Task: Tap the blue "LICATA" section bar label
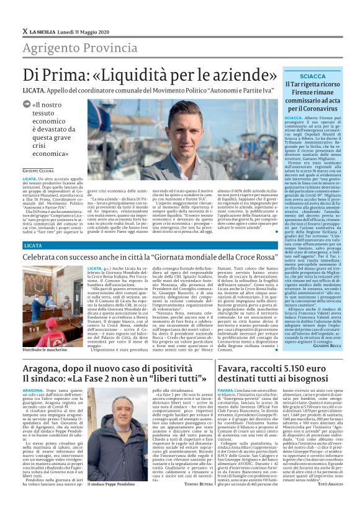[x=33, y=246]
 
